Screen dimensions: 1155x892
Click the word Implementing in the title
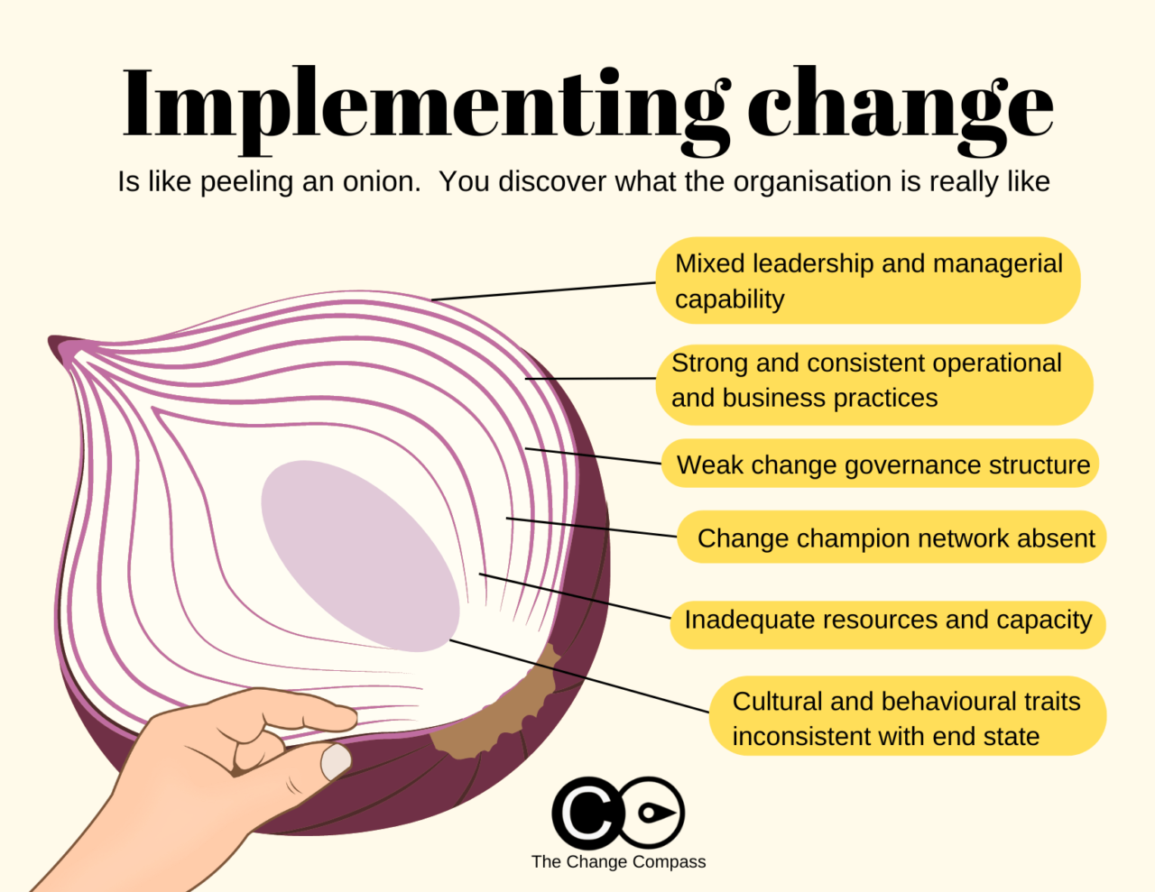click(x=424, y=106)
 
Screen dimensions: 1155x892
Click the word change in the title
click(x=900, y=106)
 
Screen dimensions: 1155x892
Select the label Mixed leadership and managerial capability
click(x=868, y=280)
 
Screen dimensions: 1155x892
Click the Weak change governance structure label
click(x=882, y=464)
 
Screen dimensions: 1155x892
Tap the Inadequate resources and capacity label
click(x=888, y=621)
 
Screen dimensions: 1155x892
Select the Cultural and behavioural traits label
click(x=906, y=718)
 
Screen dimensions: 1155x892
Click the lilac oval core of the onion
click(x=359, y=554)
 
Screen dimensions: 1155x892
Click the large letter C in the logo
click(x=587, y=813)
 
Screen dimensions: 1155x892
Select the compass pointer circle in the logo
click(x=651, y=813)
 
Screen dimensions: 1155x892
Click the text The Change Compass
click(x=618, y=861)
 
